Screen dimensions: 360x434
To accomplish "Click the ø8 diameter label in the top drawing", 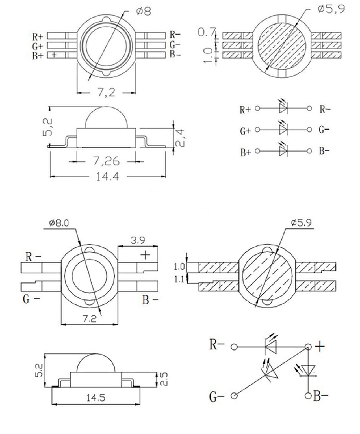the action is [x=144, y=11].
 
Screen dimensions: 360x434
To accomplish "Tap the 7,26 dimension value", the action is [x=106, y=161].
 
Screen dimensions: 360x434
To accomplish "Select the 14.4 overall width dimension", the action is [x=108, y=177].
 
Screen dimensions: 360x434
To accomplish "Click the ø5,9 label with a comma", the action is [x=331, y=9].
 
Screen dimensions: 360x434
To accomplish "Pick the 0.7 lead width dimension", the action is [x=207, y=32].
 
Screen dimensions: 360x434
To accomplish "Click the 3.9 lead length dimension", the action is [x=138, y=240].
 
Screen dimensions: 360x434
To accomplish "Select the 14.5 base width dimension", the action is [x=96, y=398].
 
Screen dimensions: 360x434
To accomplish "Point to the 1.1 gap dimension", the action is [x=179, y=279].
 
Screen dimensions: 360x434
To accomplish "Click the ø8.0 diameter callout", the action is [x=59, y=223].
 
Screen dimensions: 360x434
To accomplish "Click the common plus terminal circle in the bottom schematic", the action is [x=308, y=347].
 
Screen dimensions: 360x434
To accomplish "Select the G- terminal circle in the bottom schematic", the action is [x=234, y=396].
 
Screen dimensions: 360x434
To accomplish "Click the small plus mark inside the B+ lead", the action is [x=54, y=55].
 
